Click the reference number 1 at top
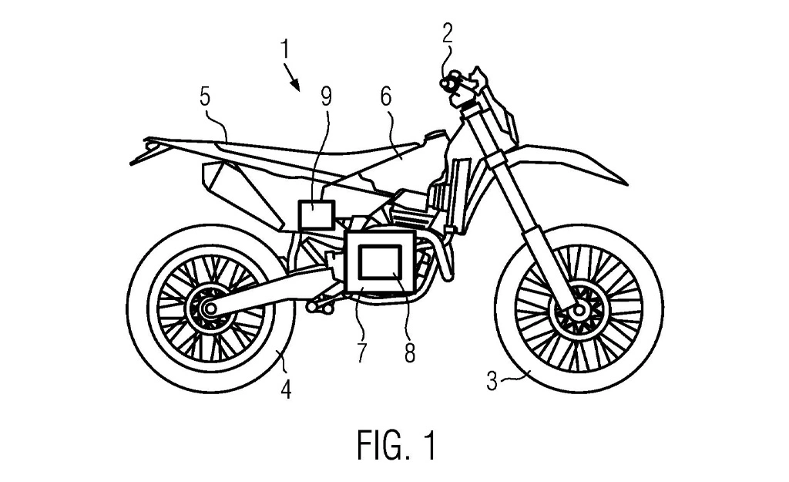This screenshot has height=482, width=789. pyautogui.click(x=285, y=50)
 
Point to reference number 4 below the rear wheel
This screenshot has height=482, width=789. pyautogui.click(x=286, y=390)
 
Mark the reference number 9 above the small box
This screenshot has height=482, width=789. pyautogui.click(x=327, y=98)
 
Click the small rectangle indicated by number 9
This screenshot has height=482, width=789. pyautogui.click(x=316, y=214)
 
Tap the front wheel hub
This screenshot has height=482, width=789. pyautogui.click(x=576, y=309)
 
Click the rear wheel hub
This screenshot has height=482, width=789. pyautogui.click(x=207, y=309)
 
